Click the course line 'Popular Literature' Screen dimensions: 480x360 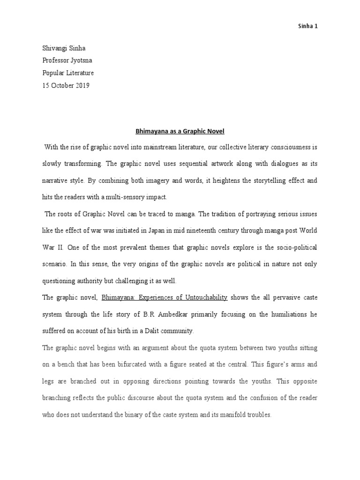click(68, 73)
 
